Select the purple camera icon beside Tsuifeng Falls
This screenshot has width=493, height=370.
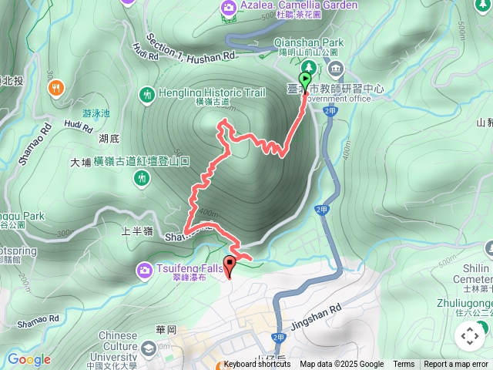tap(145, 270)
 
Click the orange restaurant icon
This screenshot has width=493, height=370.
tap(55, 89)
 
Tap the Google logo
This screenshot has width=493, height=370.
tap(29, 359)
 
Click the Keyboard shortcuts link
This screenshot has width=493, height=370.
tap(257, 365)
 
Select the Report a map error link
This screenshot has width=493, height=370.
tap(457, 365)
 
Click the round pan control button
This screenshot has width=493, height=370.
tap(469, 336)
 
